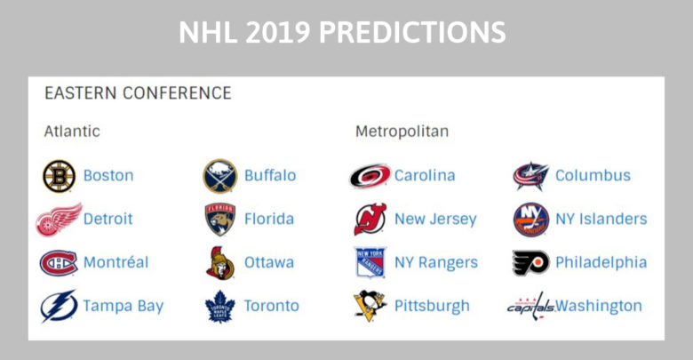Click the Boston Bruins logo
59,176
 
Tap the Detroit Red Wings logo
59,220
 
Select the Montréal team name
115,262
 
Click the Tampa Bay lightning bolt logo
59,306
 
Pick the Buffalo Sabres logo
219,176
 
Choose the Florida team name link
269,219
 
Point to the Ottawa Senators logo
219,263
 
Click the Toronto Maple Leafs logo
219,306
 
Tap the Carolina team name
425,176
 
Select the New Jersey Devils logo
370,219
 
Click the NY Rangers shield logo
370,262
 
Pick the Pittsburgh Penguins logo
370,306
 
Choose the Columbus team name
593,176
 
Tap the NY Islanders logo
530,220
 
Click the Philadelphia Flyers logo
530,263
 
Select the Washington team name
599,306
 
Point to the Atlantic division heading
72,132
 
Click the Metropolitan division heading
402,132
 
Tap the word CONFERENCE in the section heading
177,93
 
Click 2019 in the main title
277,32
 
